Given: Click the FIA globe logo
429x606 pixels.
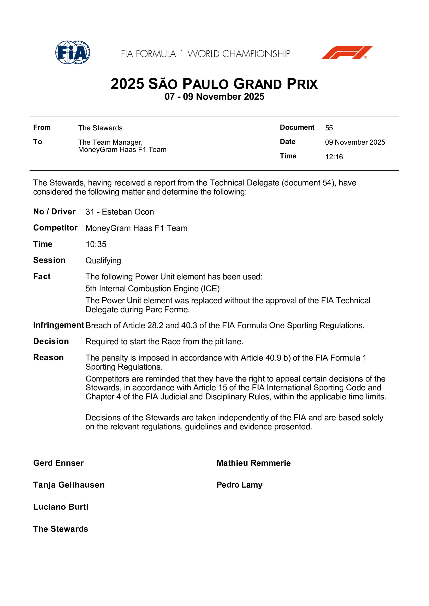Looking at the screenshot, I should point(73,52).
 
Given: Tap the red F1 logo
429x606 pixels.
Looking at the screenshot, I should point(347,52).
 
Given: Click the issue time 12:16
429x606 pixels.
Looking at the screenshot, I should point(334,157).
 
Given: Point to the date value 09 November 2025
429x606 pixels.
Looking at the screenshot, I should point(355,142).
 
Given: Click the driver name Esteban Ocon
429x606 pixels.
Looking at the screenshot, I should point(128,212).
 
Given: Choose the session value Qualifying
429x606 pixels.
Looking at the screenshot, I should point(103,261).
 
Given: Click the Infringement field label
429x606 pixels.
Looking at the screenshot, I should point(59,325).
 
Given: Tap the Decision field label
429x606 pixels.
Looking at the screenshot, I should point(51,341).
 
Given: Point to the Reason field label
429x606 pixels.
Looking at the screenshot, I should point(48,358).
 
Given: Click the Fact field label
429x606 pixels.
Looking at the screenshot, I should point(42,277).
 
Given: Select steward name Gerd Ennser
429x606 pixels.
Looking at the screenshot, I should point(59,463).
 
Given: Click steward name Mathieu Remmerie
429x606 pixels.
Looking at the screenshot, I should point(253,463).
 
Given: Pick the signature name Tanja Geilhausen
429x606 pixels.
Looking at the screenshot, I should point(69,485).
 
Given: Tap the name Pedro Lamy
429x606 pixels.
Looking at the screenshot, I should point(239,485).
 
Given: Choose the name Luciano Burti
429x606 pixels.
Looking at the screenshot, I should point(61,507).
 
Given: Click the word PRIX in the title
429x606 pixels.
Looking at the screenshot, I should point(302,84).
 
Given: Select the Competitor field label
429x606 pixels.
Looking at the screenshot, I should point(55,228).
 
